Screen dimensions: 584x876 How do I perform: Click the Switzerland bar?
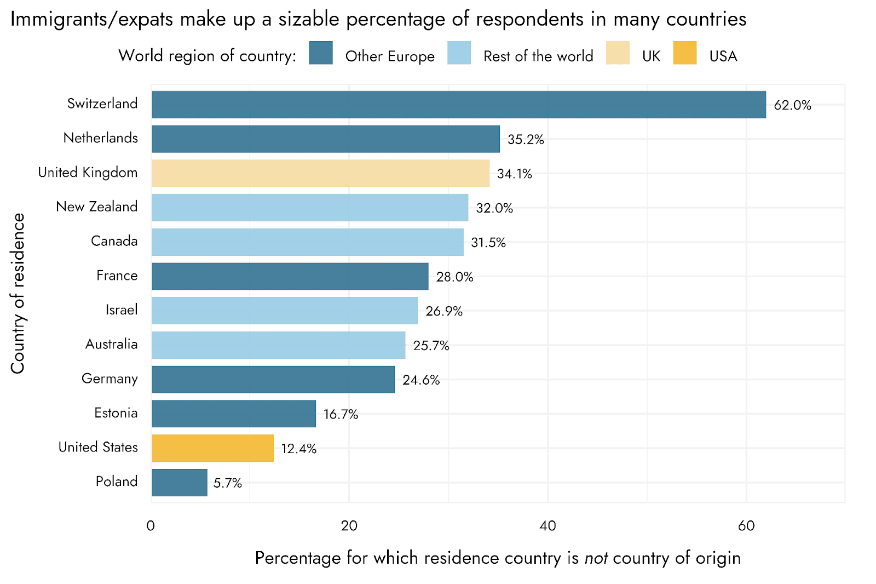tap(459, 105)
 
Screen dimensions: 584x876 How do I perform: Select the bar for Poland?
tap(180, 483)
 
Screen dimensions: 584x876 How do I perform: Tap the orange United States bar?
tap(212, 448)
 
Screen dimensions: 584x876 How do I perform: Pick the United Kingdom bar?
tap(320, 173)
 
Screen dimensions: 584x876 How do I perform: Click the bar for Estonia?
tap(234, 414)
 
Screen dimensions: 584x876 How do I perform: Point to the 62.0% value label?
tap(792, 105)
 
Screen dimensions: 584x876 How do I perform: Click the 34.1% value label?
tap(514, 174)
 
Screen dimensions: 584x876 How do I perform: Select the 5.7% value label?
tap(227, 483)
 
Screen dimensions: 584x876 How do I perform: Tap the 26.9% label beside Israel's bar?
tap(443, 312)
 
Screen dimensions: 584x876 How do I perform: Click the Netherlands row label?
tap(101, 138)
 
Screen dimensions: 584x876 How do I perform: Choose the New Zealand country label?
tap(97, 207)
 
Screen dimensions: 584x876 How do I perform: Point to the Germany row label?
tap(109, 379)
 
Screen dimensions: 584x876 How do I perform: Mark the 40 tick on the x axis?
tap(547, 526)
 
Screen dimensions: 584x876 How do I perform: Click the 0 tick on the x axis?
tap(151, 526)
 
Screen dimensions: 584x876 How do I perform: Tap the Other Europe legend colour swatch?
tap(321, 53)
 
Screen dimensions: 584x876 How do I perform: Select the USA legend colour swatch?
tap(685, 53)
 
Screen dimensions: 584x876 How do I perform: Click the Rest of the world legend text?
tap(538, 56)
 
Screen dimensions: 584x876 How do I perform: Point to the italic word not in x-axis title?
tap(596, 558)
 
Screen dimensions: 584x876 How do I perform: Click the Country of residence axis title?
tap(18, 294)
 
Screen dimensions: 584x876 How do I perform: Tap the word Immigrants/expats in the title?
tap(92, 20)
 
